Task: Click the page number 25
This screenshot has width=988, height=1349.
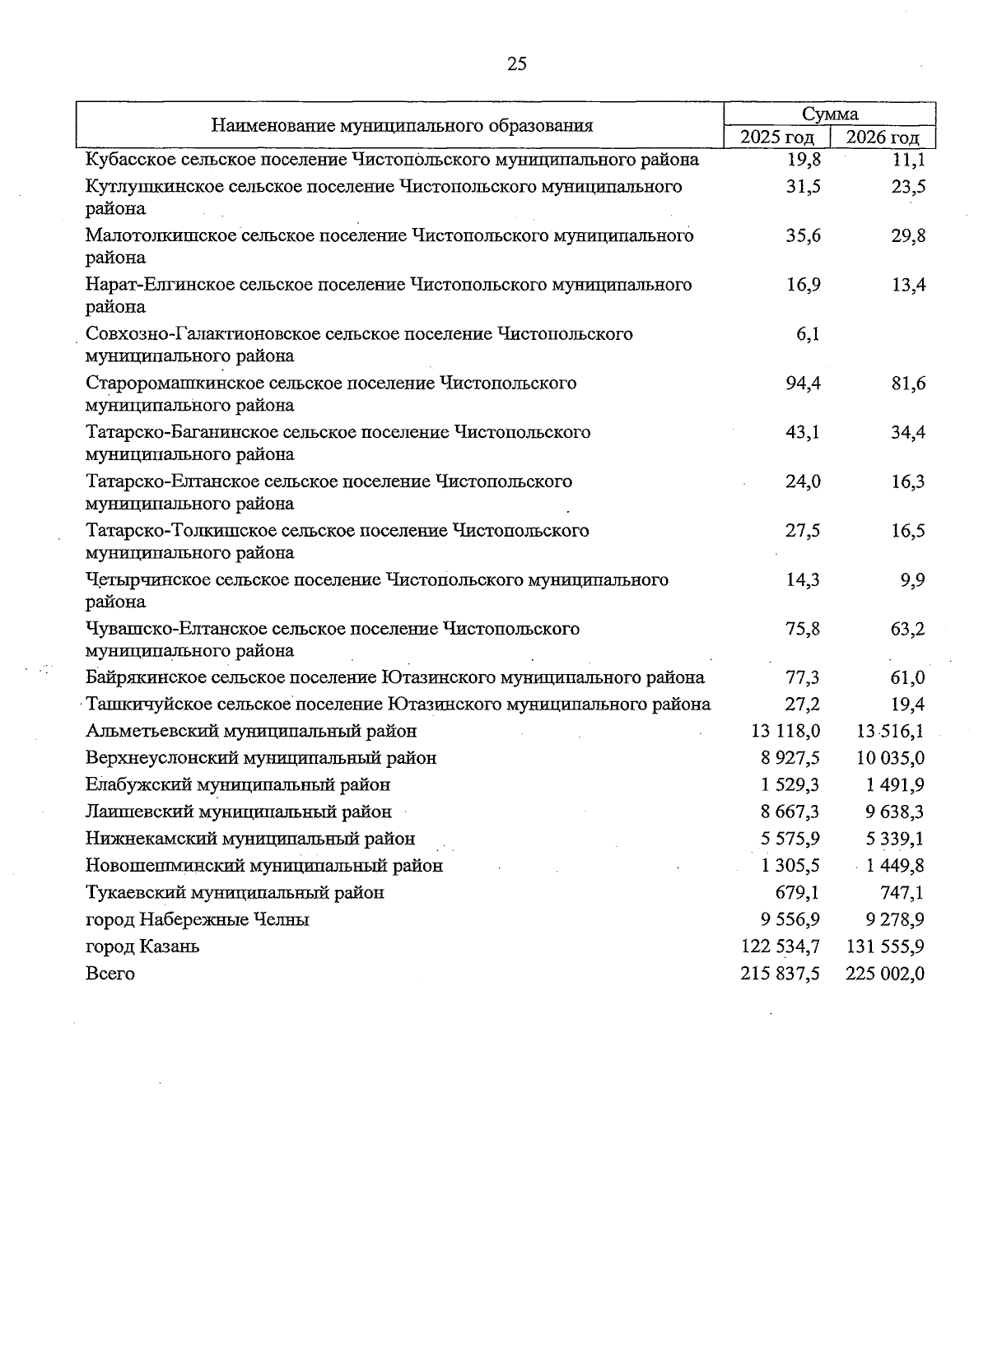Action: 517,64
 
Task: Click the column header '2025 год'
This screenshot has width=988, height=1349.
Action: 776,137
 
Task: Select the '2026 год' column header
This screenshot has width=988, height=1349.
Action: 883,137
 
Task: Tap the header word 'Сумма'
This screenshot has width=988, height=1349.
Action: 830,114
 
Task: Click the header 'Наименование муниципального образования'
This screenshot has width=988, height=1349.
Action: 402,126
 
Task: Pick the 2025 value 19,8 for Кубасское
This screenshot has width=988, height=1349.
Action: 803,160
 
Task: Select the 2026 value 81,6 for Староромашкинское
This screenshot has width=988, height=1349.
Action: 908,384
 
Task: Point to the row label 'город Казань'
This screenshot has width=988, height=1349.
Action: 142,947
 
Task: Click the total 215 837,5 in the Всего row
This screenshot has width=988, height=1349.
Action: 780,974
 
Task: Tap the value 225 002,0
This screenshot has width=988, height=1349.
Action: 885,974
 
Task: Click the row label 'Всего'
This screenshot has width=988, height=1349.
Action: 110,974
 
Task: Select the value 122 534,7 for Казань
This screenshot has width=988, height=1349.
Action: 780,947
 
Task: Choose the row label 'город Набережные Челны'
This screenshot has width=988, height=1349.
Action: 197,919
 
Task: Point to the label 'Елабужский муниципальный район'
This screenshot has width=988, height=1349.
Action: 238,785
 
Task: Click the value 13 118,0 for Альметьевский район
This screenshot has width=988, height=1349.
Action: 785,731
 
